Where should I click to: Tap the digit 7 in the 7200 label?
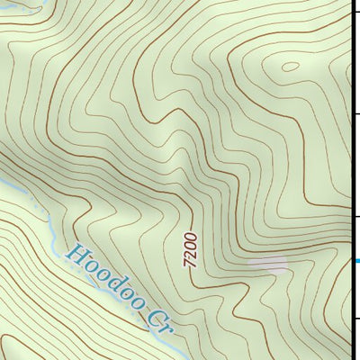point(189,265)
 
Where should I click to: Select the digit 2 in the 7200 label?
point(190,255)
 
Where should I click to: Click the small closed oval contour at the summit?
point(289,66)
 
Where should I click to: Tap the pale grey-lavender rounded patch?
point(268,264)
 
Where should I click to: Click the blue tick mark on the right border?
point(356,262)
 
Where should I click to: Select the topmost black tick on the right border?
point(356,12)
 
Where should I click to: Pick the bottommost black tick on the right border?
point(356,318)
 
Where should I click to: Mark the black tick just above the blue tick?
point(356,216)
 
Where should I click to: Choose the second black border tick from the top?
point(356,114)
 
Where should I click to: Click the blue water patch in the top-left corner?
point(13,4)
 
